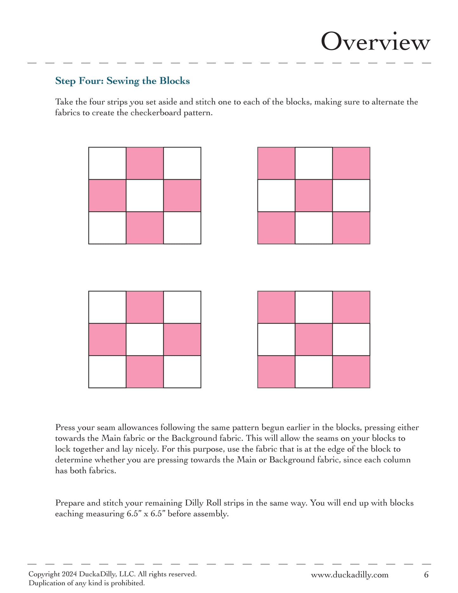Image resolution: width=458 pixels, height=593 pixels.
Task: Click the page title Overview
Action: click(x=376, y=42)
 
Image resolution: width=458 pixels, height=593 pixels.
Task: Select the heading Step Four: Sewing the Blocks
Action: click(x=122, y=81)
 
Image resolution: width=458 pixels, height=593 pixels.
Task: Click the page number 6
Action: click(x=426, y=575)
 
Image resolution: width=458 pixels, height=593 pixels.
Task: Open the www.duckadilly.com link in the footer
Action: click(x=350, y=575)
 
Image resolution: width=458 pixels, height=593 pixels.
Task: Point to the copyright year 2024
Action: click(x=69, y=574)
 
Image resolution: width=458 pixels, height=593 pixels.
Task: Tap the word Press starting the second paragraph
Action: click(x=65, y=427)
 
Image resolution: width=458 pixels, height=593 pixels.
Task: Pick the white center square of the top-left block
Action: click(x=145, y=196)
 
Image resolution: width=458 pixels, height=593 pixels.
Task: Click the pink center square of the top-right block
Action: click(x=314, y=196)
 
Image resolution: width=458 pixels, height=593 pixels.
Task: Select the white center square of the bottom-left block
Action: click(x=145, y=340)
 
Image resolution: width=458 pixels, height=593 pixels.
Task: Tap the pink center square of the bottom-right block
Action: click(x=314, y=340)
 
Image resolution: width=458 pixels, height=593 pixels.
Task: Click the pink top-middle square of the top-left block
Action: click(x=145, y=163)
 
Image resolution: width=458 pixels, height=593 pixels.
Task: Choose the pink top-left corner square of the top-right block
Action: click(x=276, y=163)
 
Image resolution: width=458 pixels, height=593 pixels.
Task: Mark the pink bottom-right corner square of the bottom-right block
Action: click(x=351, y=372)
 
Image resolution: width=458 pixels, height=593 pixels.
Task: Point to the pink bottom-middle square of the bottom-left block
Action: click(x=145, y=372)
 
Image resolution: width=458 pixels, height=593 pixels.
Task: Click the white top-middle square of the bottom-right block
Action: click(x=314, y=307)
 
